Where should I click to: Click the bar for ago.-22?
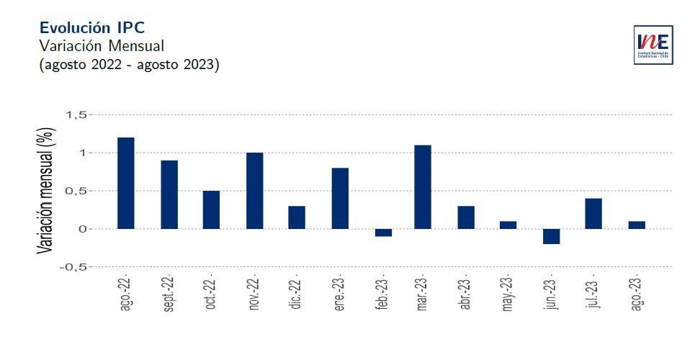pos(125,183)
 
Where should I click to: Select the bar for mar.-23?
pos(423,187)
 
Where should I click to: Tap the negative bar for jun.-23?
pos(551,236)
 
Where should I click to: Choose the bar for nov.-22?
pos(254,191)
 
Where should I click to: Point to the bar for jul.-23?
pos(593,214)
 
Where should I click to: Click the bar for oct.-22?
pos(211,210)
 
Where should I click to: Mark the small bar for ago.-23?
pos(636,225)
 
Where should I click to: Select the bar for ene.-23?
pos(339,198)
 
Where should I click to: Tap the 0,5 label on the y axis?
pos(76,191)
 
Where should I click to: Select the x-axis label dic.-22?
pos(296,294)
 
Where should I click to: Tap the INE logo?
pos(653,45)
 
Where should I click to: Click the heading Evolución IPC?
pos(92,27)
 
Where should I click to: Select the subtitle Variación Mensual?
pos(102,46)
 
